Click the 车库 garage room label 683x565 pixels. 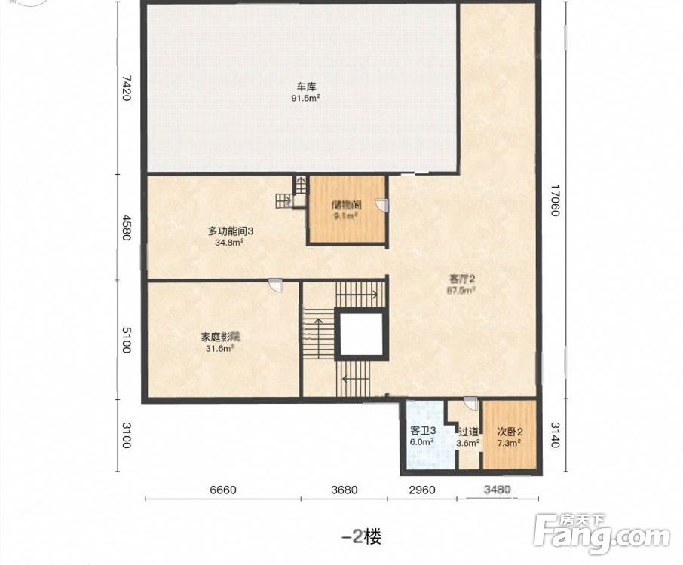pyautogui.click(x=306, y=86)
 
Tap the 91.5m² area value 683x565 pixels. pyautogui.click(x=306, y=98)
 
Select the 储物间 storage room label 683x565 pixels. pyautogui.click(x=346, y=205)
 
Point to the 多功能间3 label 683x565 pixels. pyautogui.click(x=231, y=231)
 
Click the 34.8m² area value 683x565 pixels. pyautogui.click(x=229, y=243)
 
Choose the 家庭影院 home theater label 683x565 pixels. pyautogui.click(x=220, y=337)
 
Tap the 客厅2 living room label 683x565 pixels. pyautogui.click(x=461, y=278)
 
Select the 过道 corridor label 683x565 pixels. pyautogui.click(x=468, y=432)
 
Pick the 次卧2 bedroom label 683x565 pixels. pyautogui.click(x=510, y=432)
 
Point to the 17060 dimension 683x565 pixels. pyautogui.click(x=555, y=200)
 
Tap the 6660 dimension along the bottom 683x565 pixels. pyautogui.click(x=223, y=490)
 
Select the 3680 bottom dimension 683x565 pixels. pyautogui.click(x=344, y=490)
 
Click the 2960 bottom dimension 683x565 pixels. pyautogui.click(x=422, y=490)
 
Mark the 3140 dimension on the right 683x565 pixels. pyautogui.click(x=555, y=435)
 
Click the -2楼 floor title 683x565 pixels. pyautogui.click(x=361, y=536)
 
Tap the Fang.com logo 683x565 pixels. pyautogui.click(x=602, y=533)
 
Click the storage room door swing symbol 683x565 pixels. pyautogui.click(x=381, y=205)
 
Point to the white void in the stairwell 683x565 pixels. pyautogui.click(x=360, y=334)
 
